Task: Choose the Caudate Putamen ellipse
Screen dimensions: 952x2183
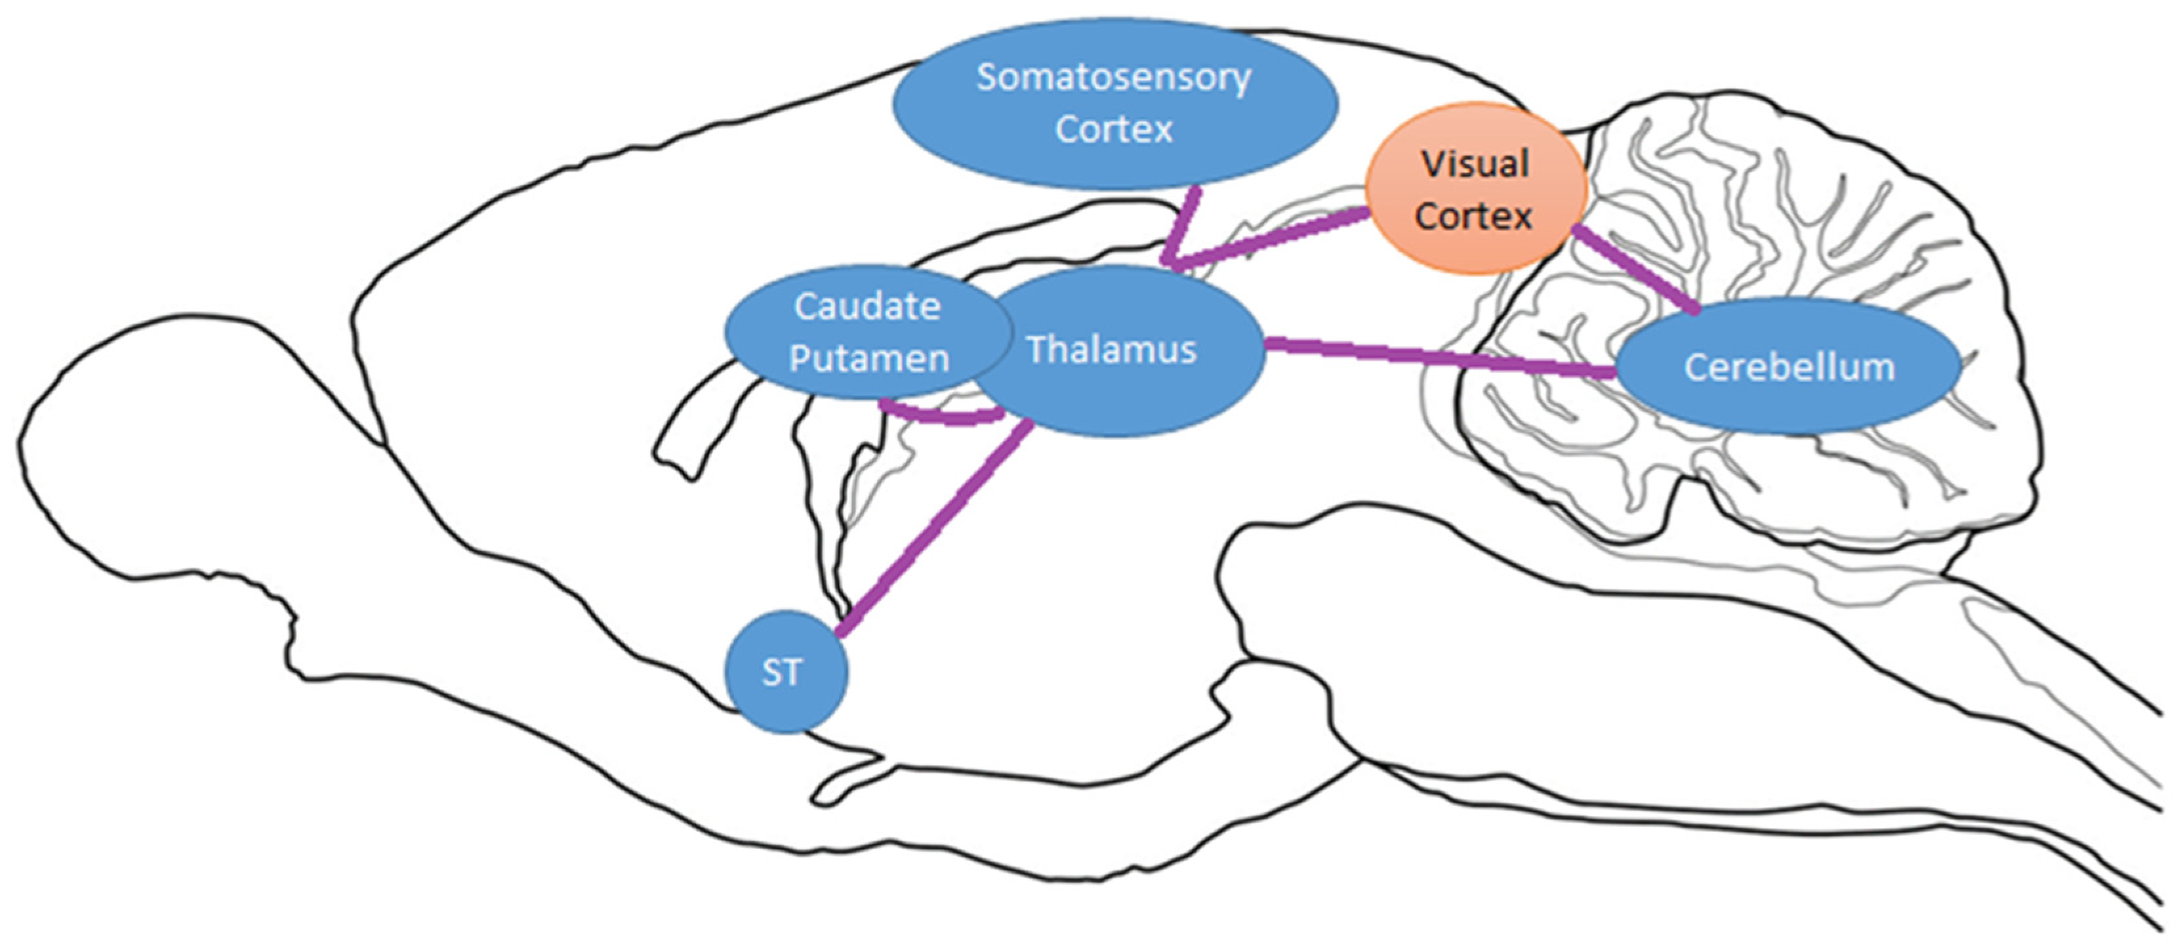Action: pos(813,332)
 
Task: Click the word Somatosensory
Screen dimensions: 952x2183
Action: pos(1112,77)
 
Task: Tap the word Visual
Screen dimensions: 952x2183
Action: pos(1475,163)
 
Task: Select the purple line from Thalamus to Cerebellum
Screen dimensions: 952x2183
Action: pos(1440,358)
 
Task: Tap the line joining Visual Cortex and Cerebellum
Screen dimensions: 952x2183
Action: pos(1634,269)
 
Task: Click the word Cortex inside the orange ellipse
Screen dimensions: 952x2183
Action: pos(1473,216)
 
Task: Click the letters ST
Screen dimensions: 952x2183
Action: pos(781,673)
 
